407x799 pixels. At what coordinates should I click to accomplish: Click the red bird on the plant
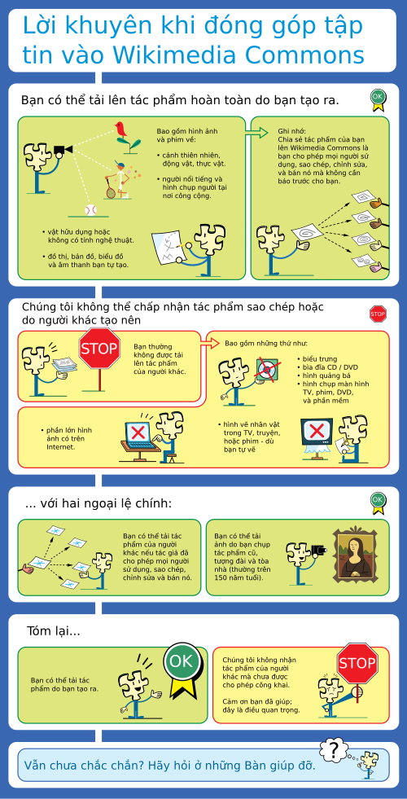click(121, 130)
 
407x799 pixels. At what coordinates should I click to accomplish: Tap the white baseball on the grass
click(90, 209)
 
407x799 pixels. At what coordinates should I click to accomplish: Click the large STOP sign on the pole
click(99, 349)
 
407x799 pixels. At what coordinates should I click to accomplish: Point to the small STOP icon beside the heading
click(378, 314)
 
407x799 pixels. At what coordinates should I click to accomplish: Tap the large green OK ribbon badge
click(182, 667)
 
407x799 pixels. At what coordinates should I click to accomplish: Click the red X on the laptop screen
click(138, 433)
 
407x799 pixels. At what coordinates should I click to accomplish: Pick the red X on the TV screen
click(317, 431)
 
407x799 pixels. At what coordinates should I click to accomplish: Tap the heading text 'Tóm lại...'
click(54, 631)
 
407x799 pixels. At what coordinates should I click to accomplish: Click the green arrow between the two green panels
click(256, 133)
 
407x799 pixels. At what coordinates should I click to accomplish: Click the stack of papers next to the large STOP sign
click(64, 365)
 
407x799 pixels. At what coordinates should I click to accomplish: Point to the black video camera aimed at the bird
click(63, 149)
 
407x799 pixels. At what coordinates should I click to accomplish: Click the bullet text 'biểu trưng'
click(320, 358)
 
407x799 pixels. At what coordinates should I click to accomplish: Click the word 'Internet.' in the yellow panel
click(60, 447)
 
